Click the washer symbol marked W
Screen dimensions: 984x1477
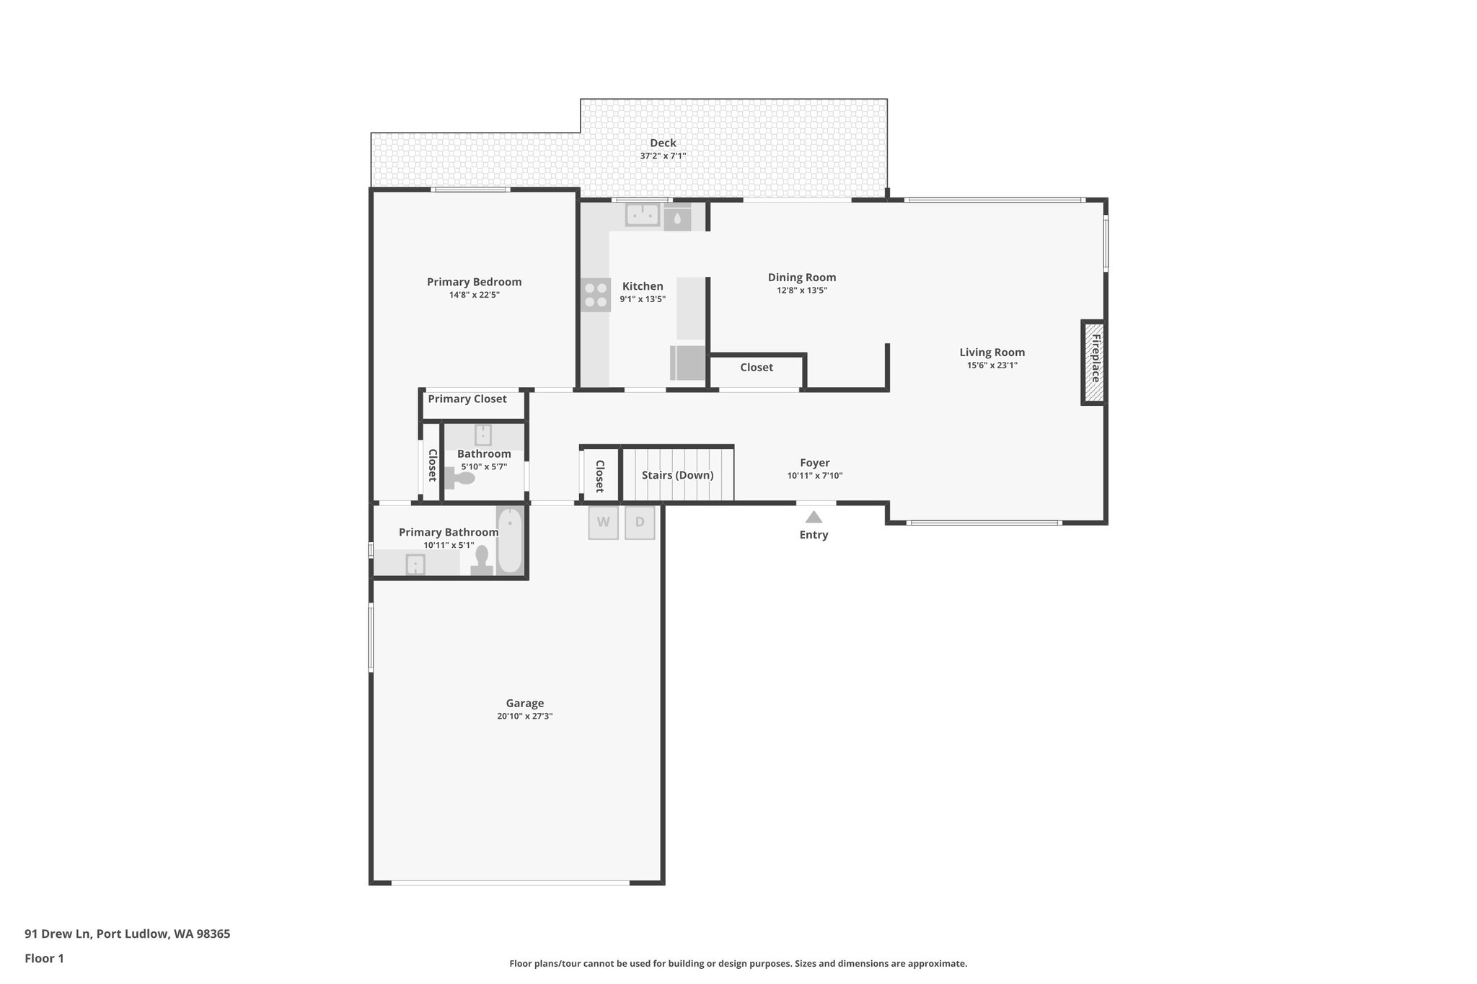pyautogui.click(x=604, y=523)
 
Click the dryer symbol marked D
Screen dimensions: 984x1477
pyautogui.click(x=640, y=523)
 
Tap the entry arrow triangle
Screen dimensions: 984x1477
pyautogui.click(x=814, y=517)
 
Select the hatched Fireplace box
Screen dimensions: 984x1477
pyautogui.click(x=1093, y=363)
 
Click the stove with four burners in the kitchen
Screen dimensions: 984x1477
pyautogui.click(x=596, y=295)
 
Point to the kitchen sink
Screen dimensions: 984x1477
pyautogui.click(x=642, y=214)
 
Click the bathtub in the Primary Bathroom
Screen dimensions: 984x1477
pyautogui.click(x=509, y=541)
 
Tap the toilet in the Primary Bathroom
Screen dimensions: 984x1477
pyautogui.click(x=481, y=559)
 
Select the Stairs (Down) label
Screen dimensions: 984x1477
pyautogui.click(x=677, y=475)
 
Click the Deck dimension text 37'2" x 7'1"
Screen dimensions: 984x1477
pyautogui.click(x=663, y=156)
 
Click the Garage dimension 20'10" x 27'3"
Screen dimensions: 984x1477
pyautogui.click(x=524, y=716)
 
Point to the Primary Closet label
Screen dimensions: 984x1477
pyautogui.click(x=467, y=399)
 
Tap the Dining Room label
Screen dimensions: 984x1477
pyautogui.click(x=802, y=277)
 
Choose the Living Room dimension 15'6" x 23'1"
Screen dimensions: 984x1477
pyautogui.click(x=992, y=365)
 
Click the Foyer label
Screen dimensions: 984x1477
pyautogui.click(x=814, y=463)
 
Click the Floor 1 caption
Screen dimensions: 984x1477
pyautogui.click(x=44, y=958)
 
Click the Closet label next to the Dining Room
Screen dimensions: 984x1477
pyautogui.click(x=757, y=367)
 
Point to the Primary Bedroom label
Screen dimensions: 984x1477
pyautogui.click(x=474, y=282)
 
